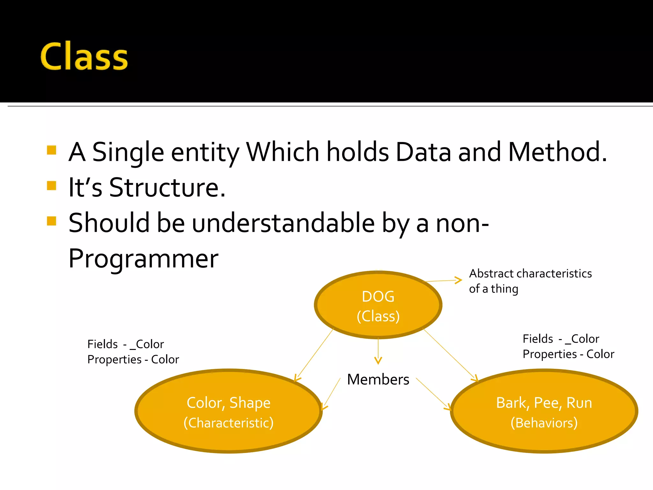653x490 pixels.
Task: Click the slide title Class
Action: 84,57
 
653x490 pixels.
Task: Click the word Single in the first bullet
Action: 128,152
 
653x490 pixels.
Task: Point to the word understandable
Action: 283,223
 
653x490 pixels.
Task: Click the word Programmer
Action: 143,258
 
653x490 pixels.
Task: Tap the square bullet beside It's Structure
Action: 51,185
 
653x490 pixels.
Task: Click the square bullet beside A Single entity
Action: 51,150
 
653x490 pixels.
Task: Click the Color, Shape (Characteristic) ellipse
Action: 228,412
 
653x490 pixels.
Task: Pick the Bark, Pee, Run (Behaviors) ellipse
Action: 544,412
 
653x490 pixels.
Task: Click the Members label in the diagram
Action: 378,379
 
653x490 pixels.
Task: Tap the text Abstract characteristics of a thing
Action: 530,281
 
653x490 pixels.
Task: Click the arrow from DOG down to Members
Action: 378,351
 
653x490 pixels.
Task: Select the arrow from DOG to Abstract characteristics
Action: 443,281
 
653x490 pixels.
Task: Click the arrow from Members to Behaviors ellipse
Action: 434,394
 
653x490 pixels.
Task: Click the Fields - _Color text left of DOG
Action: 125,344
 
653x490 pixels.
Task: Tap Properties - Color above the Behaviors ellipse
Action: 568,354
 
